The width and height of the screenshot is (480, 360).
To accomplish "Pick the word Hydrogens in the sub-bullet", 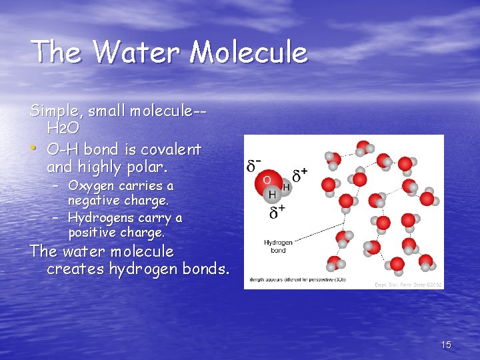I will coord(101,218).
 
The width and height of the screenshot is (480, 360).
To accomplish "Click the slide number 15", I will coord(446,345).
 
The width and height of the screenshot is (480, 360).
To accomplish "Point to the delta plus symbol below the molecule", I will coord(277,213).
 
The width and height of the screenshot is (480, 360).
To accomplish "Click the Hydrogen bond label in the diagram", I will coord(278,247).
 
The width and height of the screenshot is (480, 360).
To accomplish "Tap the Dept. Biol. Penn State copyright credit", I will coord(408,285).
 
